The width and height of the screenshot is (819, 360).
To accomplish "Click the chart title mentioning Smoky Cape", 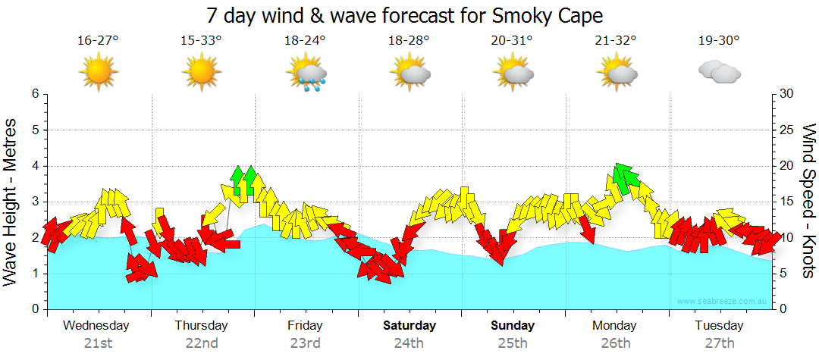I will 409,15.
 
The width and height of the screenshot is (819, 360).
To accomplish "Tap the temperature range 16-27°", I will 98,41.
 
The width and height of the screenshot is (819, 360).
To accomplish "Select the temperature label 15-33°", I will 201,41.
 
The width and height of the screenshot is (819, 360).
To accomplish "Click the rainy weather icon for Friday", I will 306,74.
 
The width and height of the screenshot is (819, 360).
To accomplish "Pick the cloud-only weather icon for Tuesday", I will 719,72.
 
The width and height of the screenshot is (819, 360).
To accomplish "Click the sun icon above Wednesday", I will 99,74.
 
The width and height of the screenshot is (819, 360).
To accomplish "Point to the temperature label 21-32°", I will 616,41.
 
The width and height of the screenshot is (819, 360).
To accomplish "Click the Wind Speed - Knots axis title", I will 808,202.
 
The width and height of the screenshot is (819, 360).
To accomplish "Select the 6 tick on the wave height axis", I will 34,94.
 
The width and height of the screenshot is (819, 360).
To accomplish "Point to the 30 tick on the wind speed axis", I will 788,94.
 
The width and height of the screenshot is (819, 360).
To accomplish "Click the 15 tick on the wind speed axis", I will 788,202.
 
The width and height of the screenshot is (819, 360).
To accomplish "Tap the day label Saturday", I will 409,326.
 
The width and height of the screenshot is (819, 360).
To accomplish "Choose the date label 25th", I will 513,343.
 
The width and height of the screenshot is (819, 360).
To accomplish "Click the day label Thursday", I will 201,326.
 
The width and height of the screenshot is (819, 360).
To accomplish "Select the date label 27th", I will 719,343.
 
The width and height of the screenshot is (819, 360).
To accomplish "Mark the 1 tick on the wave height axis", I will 34,274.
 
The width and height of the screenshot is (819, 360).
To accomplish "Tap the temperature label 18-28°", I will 409,41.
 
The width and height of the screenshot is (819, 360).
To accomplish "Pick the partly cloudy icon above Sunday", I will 512,74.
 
